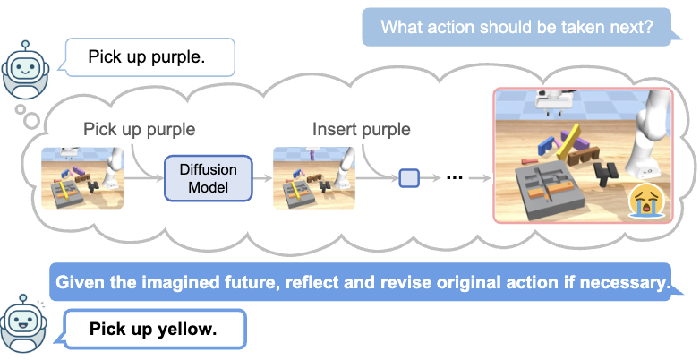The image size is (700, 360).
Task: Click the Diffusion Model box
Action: click(x=209, y=177)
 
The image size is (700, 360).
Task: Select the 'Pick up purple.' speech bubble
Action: click(x=148, y=59)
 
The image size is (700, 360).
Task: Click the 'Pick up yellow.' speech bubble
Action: click(x=153, y=330)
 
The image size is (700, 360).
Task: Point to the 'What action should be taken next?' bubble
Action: click(x=516, y=27)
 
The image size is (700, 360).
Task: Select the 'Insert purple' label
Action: click(x=361, y=129)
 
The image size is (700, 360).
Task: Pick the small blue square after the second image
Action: click(x=408, y=177)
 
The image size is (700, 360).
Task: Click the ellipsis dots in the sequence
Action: click(x=454, y=177)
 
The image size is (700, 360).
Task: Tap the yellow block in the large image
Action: click(x=570, y=141)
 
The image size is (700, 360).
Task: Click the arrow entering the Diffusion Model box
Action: click(x=142, y=178)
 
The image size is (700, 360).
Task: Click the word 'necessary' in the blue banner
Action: click(x=623, y=284)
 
